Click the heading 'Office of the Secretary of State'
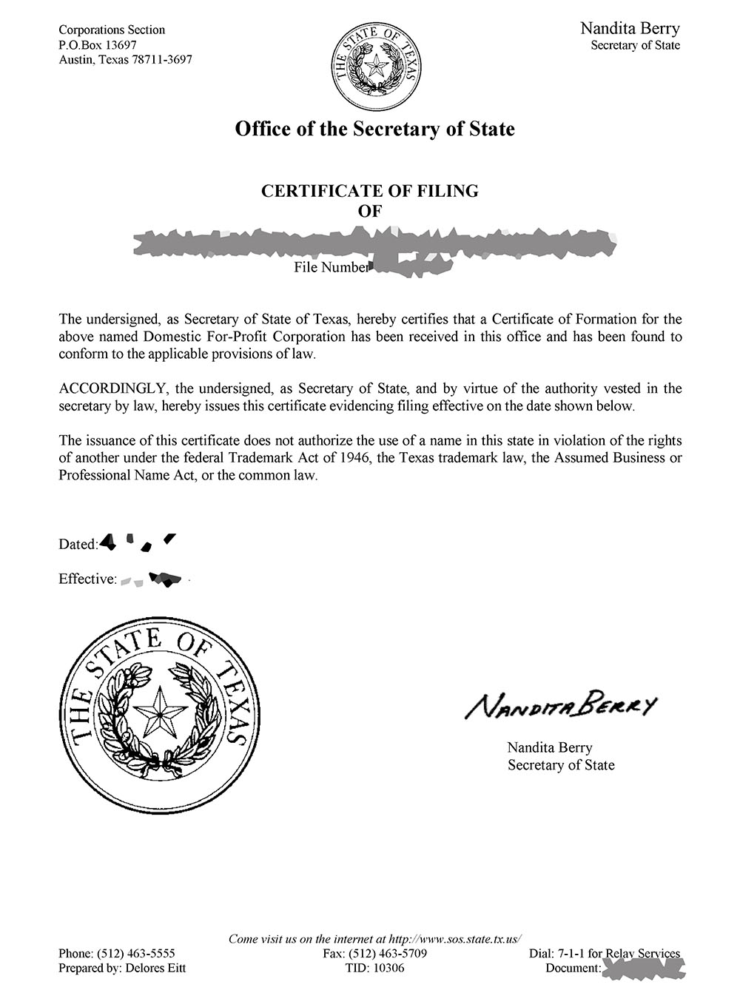click(374, 129)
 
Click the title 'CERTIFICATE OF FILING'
click(370, 191)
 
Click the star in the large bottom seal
click(160, 715)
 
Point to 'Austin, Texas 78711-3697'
click(125, 59)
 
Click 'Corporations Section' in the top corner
click(112, 30)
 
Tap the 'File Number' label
click(330, 267)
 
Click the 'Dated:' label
click(78, 545)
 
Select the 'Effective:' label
click(87, 579)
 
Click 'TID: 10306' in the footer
click(374, 968)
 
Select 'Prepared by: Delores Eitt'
click(122, 968)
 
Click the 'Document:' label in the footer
click(572, 968)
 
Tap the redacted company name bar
click(374, 243)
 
